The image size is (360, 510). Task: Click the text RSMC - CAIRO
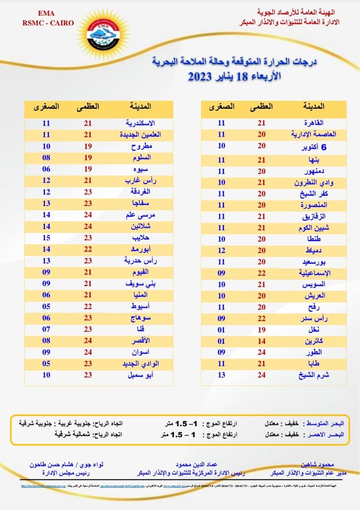[48, 23]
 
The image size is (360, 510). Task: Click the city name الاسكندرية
[140, 123]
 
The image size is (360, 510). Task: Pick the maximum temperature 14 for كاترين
[261, 341]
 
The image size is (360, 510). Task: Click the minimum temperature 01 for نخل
[221, 330]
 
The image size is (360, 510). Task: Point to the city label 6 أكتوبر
[312, 147]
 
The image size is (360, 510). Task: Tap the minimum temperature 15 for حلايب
[46, 237]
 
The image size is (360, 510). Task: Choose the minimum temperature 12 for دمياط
[221, 251]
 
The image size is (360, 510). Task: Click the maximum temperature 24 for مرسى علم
[88, 215]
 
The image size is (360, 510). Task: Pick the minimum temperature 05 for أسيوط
[46, 307]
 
